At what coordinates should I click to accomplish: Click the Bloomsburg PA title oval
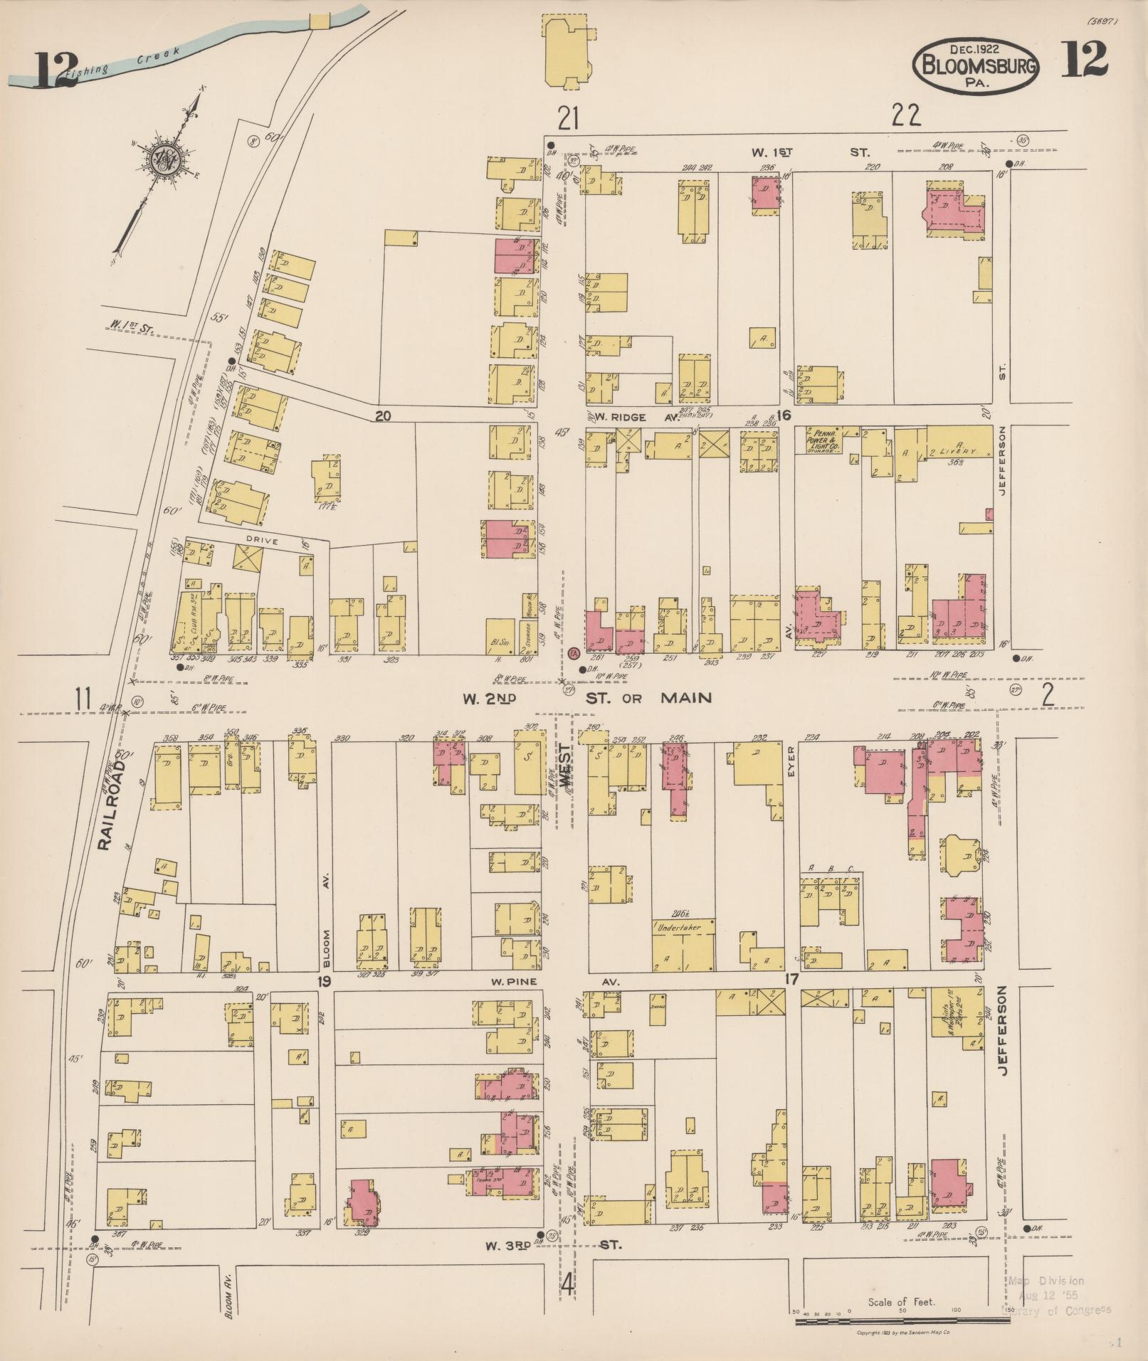click(976, 67)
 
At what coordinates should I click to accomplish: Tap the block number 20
click(384, 416)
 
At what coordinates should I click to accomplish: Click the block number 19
click(324, 983)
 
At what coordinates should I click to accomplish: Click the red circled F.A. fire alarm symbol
click(574, 652)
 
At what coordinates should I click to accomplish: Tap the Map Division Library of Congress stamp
click(1056, 1294)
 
